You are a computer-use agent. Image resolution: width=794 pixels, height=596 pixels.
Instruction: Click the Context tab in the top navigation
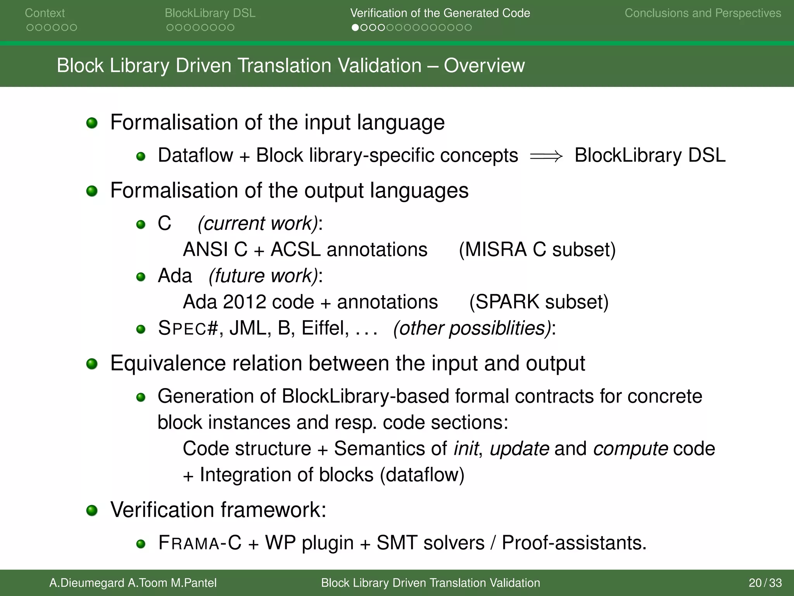pyautogui.click(x=45, y=13)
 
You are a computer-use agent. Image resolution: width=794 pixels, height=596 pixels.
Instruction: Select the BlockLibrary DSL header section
pyautogui.click(x=210, y=13)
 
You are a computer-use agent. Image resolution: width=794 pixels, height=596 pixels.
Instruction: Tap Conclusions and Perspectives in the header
pyautogui.click(x=703, y=13)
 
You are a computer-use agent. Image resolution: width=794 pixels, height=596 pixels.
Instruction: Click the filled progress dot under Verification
pyautogui.click(x=355, y=28)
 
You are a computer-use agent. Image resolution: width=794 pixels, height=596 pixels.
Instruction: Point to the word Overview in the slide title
pyautogui.click(x=484, y=66)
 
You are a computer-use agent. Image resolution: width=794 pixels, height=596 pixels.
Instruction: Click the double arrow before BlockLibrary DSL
pyautogui.click(x=546, y=156)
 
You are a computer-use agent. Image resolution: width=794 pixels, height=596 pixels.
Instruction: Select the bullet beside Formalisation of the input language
pyautogui.click(x=92, y=123)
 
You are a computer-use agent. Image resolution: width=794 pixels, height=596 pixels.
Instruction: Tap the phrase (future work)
pyautogui.click(x=263, y=276)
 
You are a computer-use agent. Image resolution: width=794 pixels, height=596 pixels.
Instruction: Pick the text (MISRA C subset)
pyautogui.click(x=537, y=249)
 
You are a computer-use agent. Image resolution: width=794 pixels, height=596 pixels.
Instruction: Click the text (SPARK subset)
pyautogui.click(x=539, y=302)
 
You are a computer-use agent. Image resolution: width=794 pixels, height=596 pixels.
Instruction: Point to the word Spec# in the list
pyautogui.click(x=188, y=328)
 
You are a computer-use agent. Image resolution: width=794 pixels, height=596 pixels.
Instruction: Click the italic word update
pyautogui.click(x=519, y=449)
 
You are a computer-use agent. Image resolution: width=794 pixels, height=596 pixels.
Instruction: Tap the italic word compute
pyautogui.click(x=630, y=449)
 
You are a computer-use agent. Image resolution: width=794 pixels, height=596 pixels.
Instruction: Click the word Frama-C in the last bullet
pyautogui.click(x=199, y=543)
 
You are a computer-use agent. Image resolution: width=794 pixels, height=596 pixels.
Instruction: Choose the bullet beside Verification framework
pyautogui.click(x=92, y=510)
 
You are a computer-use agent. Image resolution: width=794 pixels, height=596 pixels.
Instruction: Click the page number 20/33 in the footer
pyautogui.click(x=765, y=583)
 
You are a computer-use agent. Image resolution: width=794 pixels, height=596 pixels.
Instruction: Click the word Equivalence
pyautogui.click(x=167, y=364)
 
